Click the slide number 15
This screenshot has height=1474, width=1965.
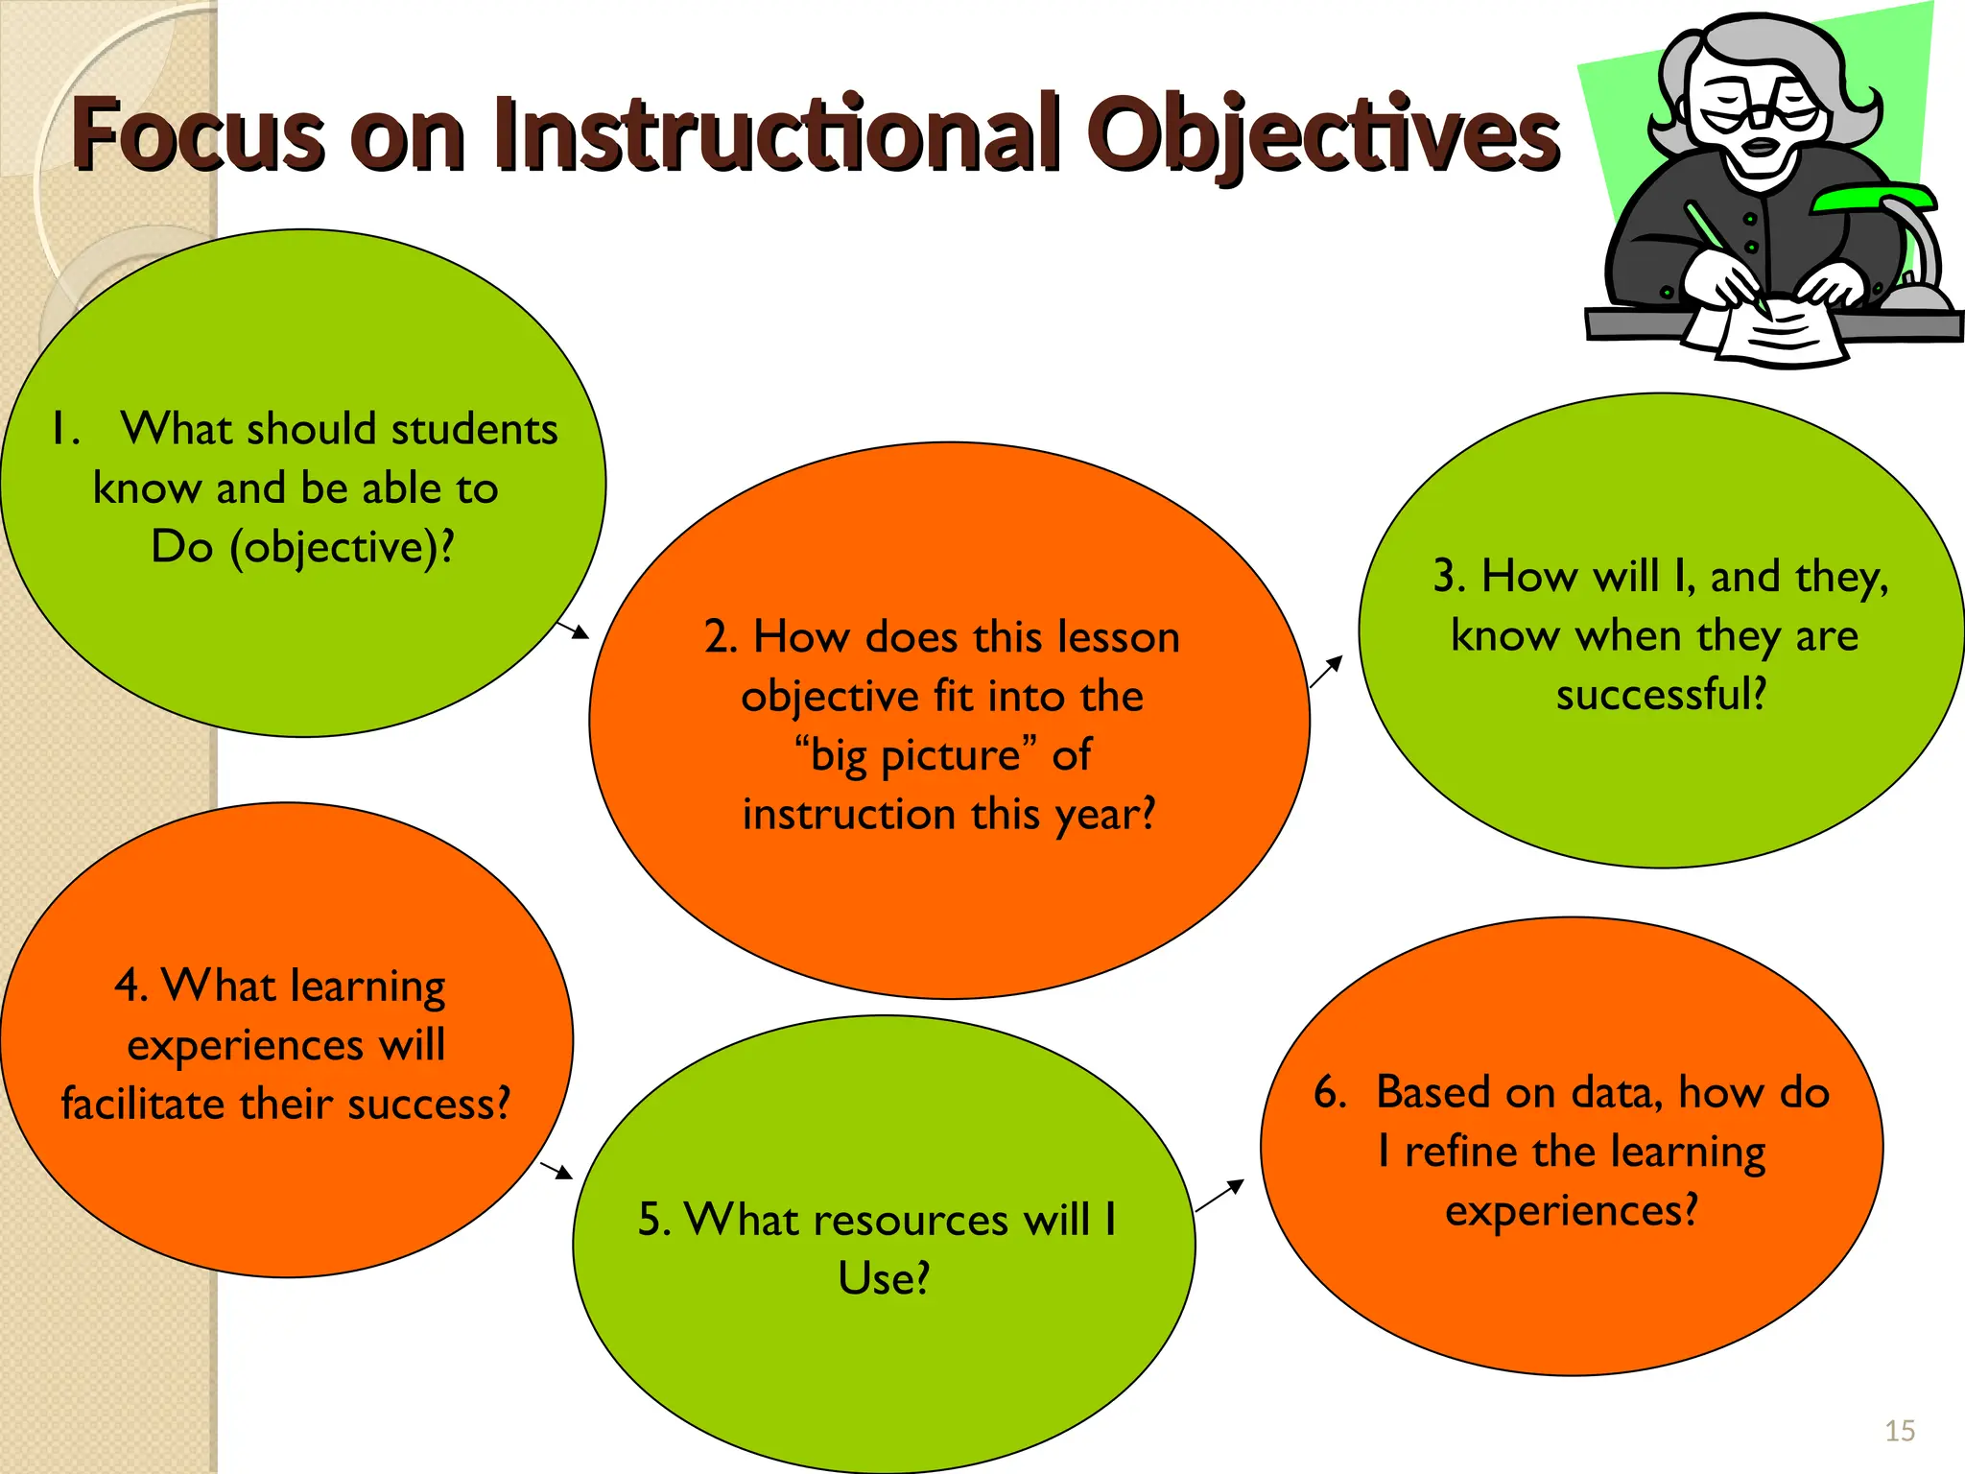pyautogui.click(x=1900, y=1431)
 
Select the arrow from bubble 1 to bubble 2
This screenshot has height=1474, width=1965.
pyautogui.click(x=574, y=630)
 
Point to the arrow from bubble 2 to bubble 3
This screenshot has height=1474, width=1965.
pyautogui.click(x=1326, y=672)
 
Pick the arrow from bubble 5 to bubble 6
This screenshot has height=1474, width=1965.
pyautogui.click(x=1219, y=1197)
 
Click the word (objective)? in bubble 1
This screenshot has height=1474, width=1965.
pyautogui.click(x=342, y=548)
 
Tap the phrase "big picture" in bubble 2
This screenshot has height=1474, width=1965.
pyautogui.click(x=916, y=755)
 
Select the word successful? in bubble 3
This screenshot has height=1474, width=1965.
pyautogui.click(x=1661, y=695)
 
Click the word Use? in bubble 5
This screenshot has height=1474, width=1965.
pyautogui.click(x=884, y=1279)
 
